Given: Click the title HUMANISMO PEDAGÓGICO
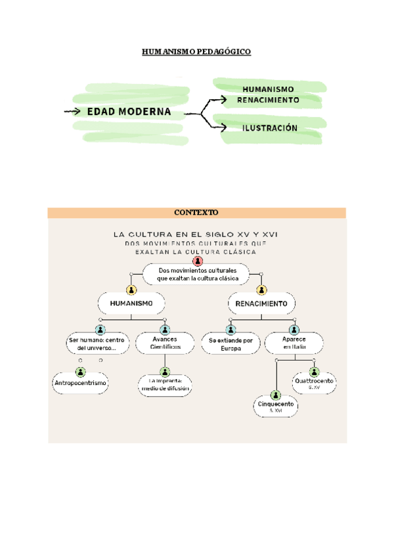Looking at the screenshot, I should pyautogui.click(x=197, y=51).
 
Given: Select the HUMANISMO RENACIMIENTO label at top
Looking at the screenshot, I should pyautogui.click(x=271, y=95).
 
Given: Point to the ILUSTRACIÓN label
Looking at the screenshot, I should pyautogui.click(x=270, y=128).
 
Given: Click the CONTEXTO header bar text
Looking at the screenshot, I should pyautogui.click(x=196, y=213).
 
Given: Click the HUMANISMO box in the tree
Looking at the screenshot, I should pyautogui.click(x=131, y=303).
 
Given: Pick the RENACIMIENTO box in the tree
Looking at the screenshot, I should pyautogui.click(x=261, y=303).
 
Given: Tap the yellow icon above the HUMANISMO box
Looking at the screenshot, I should pyautogui.click(x=131, y=289).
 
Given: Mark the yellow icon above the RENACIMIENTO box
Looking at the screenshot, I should pyautogui.click(x=262, y=289).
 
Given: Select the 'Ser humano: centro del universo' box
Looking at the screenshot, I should pyautogui.click(x=97, y=344).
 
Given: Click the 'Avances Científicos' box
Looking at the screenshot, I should pyautogui.click(x=165, y=342).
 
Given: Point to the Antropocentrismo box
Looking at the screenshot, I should pyautogui.click(x=80, y=383).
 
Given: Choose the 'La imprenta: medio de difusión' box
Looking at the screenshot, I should pyautogui.click(x=165, y=384).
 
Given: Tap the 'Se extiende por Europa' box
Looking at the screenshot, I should pyautogui.click(x=230, y=344).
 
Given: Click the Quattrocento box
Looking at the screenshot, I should pyautogui.click(x=314, y=384).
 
